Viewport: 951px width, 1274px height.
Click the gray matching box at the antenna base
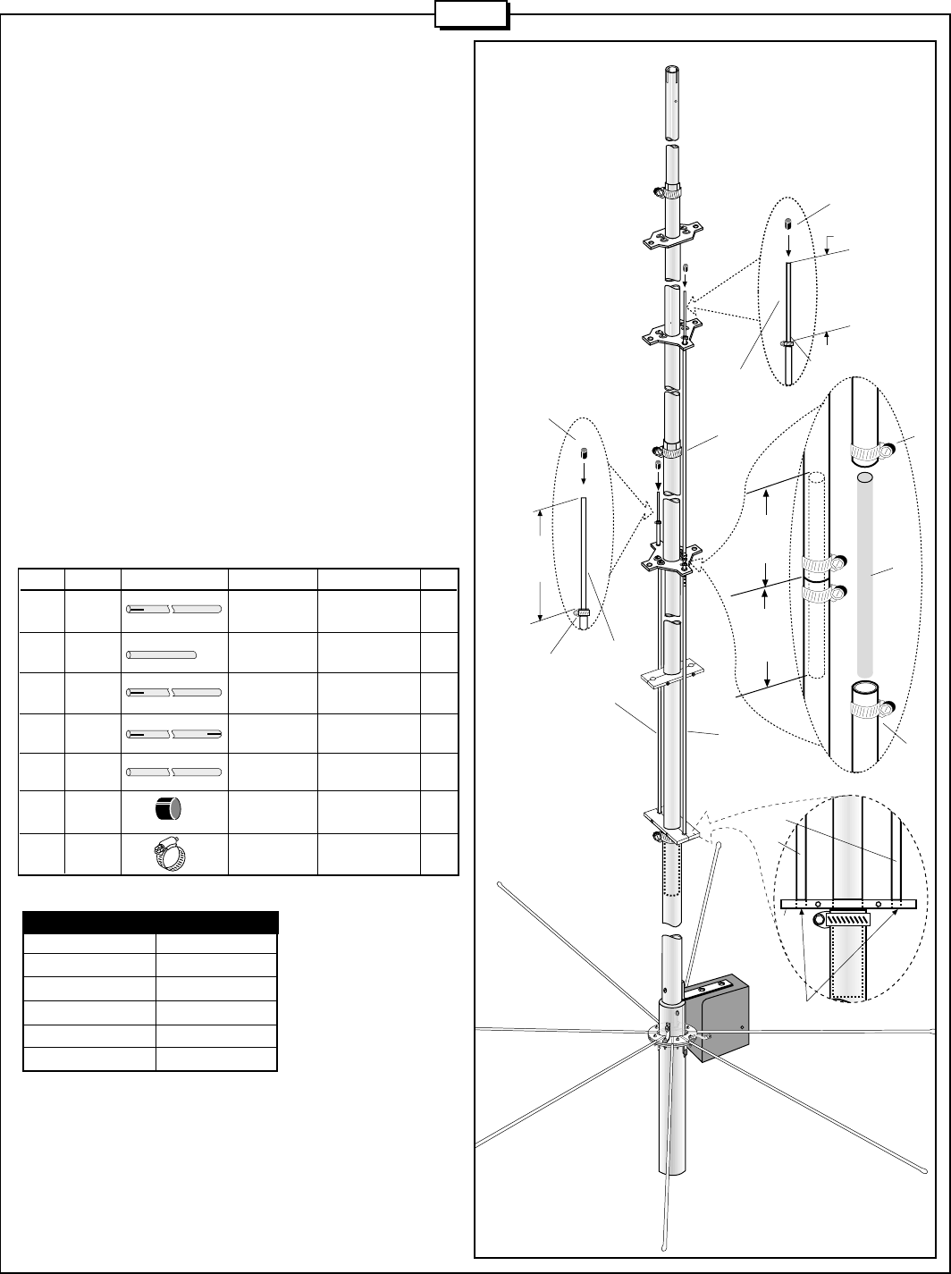coord(727,1019)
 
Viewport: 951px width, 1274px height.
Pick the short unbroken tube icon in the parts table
coord(162,654)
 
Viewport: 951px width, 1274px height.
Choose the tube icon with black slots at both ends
coord(174,734)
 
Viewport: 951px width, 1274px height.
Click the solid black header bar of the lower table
coord(151,923)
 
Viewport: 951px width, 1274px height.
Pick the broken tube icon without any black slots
coord(174,772)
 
